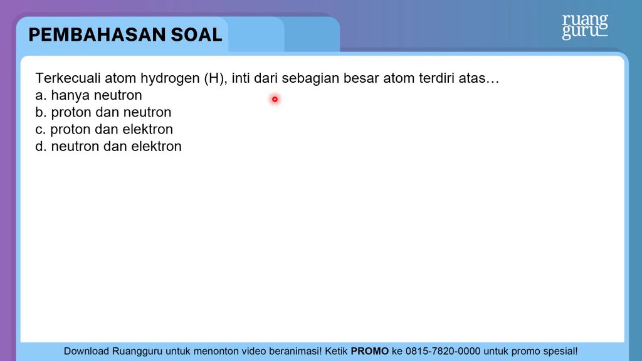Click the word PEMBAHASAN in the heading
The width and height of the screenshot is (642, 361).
click(97, 35)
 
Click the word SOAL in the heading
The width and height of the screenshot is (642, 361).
click(196, 35)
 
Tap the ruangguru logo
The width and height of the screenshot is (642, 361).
click(585, 26)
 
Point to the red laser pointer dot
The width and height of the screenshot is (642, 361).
click(275, 99)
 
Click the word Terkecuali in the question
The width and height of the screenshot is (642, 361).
click(68, 78)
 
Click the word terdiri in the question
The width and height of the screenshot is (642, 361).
click(436, 78)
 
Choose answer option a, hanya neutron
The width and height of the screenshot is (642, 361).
click(88, 95)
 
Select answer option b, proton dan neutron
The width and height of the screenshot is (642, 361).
click(103, 113)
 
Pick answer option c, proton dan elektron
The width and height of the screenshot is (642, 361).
click(104, 130)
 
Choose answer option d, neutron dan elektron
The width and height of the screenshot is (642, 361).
click(108, 146)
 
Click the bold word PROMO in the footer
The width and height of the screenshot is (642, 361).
click(370, 351)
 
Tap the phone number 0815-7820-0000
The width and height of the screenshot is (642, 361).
click(443, 351)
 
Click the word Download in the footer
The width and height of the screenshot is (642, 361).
click(86, 351)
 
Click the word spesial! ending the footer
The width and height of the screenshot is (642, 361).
click(561, 352)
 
